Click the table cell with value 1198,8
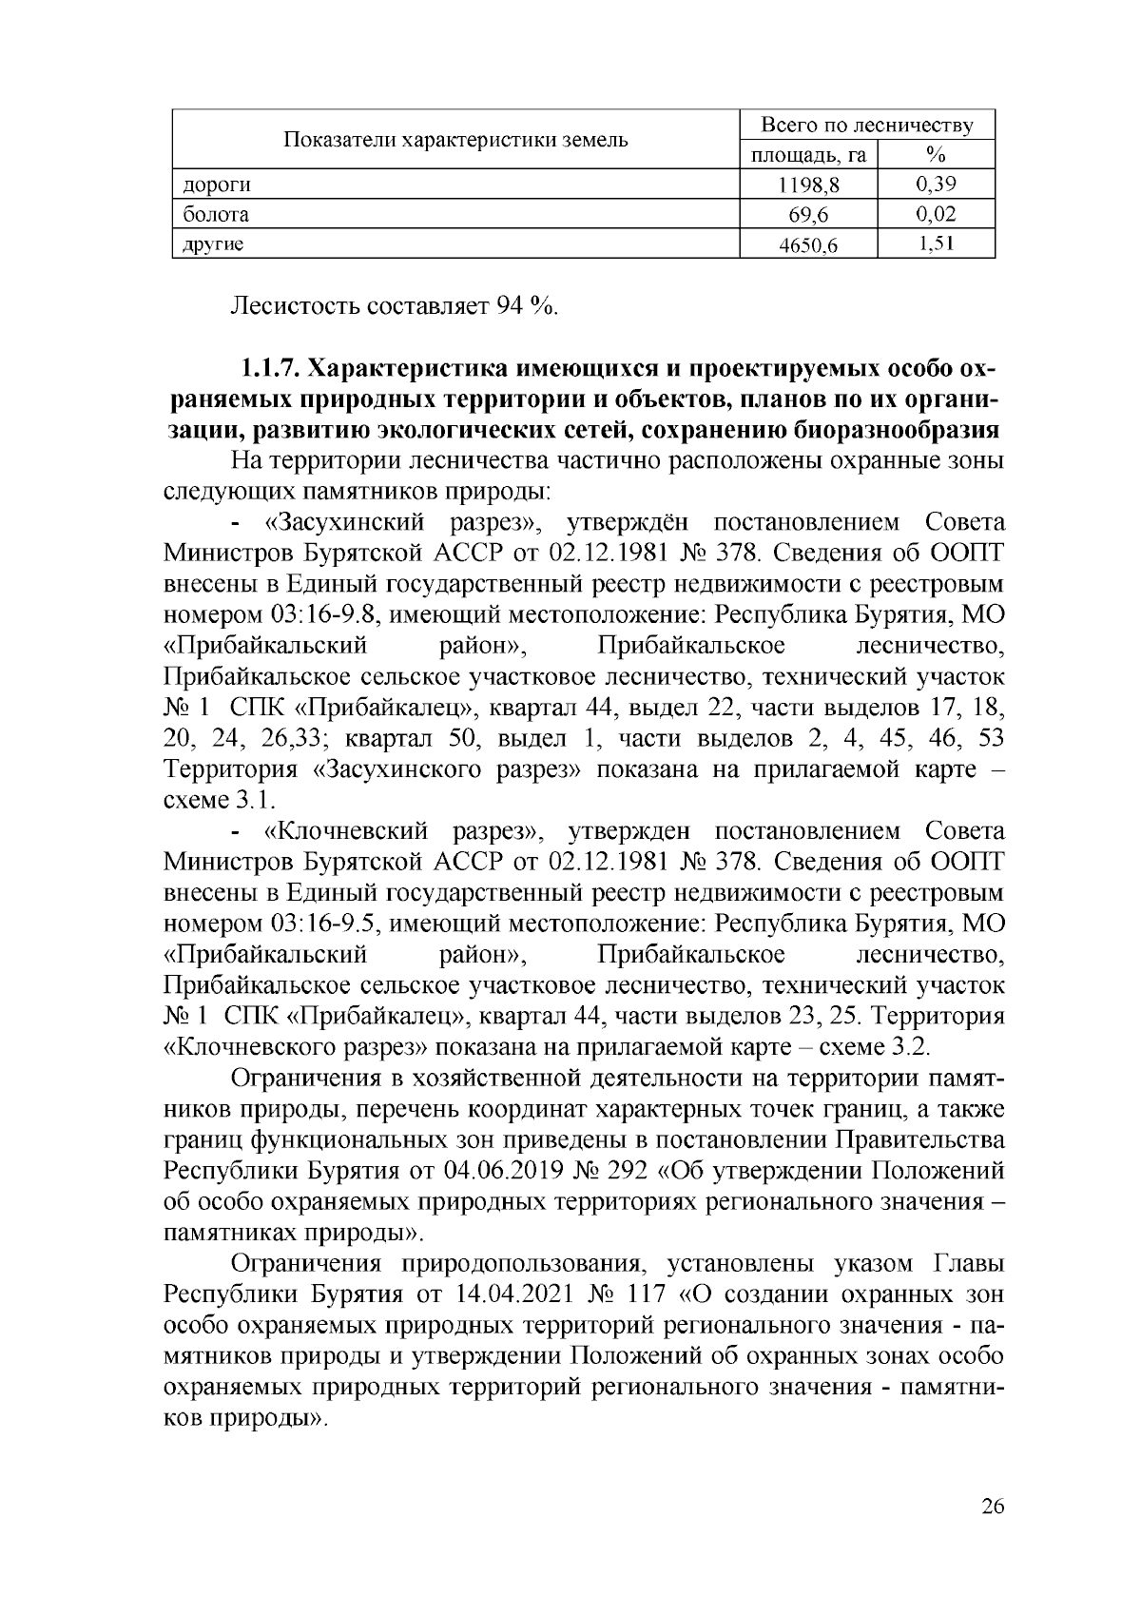point(809,185)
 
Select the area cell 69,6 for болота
point(809,216)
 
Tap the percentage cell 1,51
point(936,244)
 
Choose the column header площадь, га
point(809,155)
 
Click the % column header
point(936,155)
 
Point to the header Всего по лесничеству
point(866,126)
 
